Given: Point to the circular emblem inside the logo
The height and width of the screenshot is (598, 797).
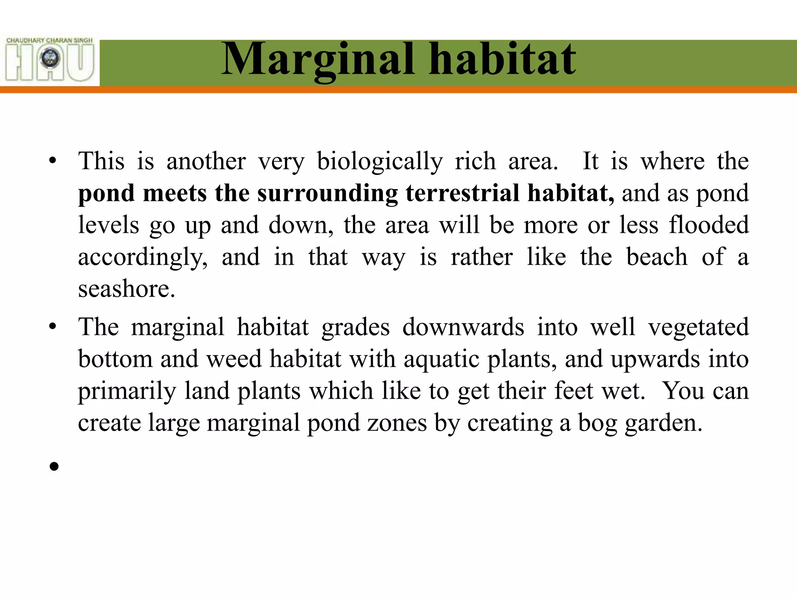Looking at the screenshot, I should point(51,59).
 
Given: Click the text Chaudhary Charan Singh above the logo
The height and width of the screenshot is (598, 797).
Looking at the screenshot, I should point(50,40).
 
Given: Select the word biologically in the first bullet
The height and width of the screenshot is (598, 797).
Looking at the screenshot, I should point(379,162).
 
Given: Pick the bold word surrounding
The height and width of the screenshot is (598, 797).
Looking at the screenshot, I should point(328,193).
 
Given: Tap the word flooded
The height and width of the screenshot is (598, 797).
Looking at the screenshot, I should point(709,225).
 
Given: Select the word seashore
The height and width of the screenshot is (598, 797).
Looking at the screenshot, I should point(126,289).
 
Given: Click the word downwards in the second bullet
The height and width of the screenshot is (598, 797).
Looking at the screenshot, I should point(463,327).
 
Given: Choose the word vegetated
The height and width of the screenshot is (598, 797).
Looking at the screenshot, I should point(699,327).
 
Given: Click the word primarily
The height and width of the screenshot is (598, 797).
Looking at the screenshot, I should point(127,391).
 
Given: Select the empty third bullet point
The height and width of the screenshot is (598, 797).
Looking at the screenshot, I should point(54,466).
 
